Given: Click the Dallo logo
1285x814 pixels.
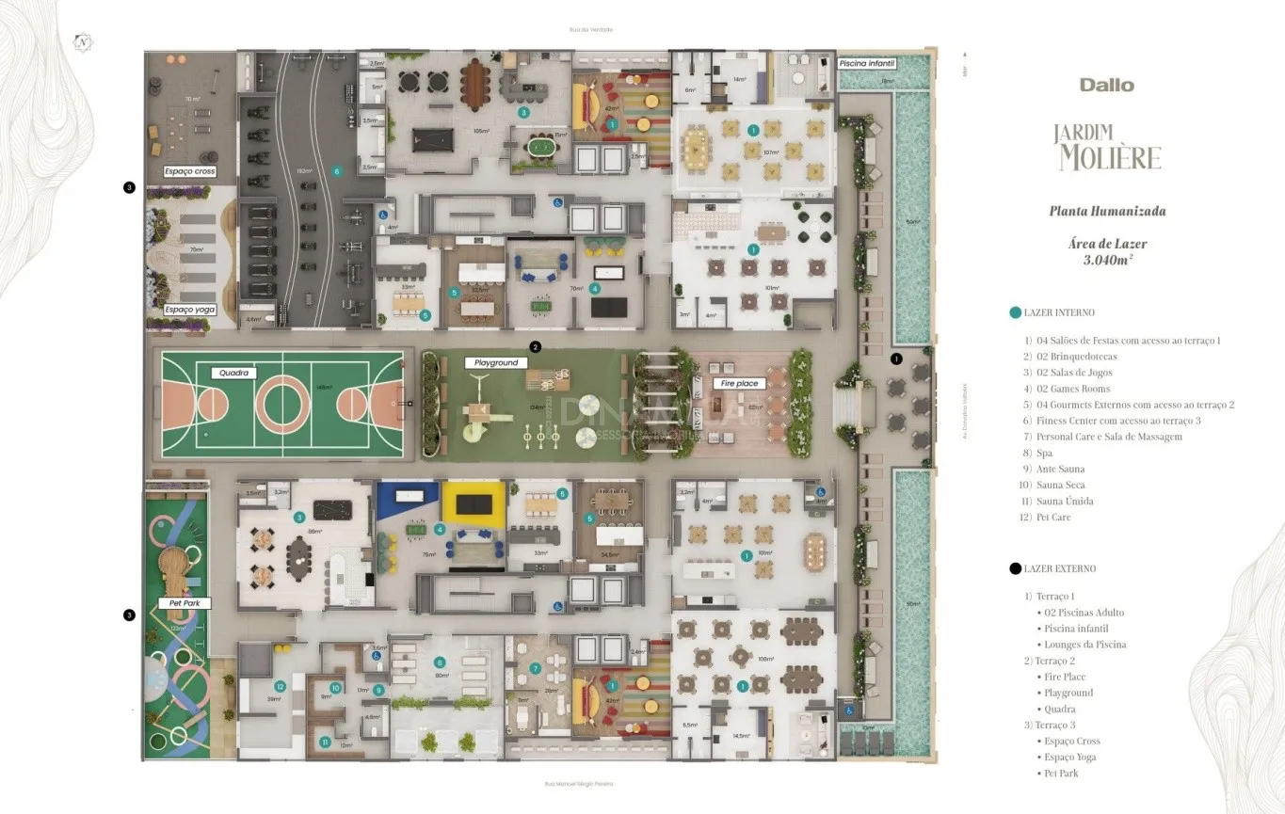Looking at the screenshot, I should pos(1106,85).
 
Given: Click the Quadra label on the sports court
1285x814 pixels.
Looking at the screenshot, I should pos(233,373).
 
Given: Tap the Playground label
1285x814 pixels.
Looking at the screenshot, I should pos(495,362).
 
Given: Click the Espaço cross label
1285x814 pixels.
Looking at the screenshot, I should pos(190,171).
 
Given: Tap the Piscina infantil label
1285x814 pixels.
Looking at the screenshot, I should pos(867,63).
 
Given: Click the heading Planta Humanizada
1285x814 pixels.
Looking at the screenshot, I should pos(1107,211).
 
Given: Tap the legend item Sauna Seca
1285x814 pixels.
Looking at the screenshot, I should pos(1060,485).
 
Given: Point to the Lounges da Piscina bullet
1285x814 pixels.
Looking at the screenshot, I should pos(1084,645).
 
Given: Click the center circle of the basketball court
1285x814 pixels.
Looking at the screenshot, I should pos(282,406).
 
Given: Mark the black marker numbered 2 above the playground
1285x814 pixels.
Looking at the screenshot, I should pos(536,347).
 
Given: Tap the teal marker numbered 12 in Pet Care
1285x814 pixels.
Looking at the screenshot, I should pos(280,687).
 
